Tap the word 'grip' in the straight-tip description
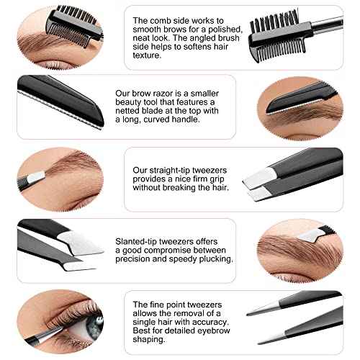(209, 179)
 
